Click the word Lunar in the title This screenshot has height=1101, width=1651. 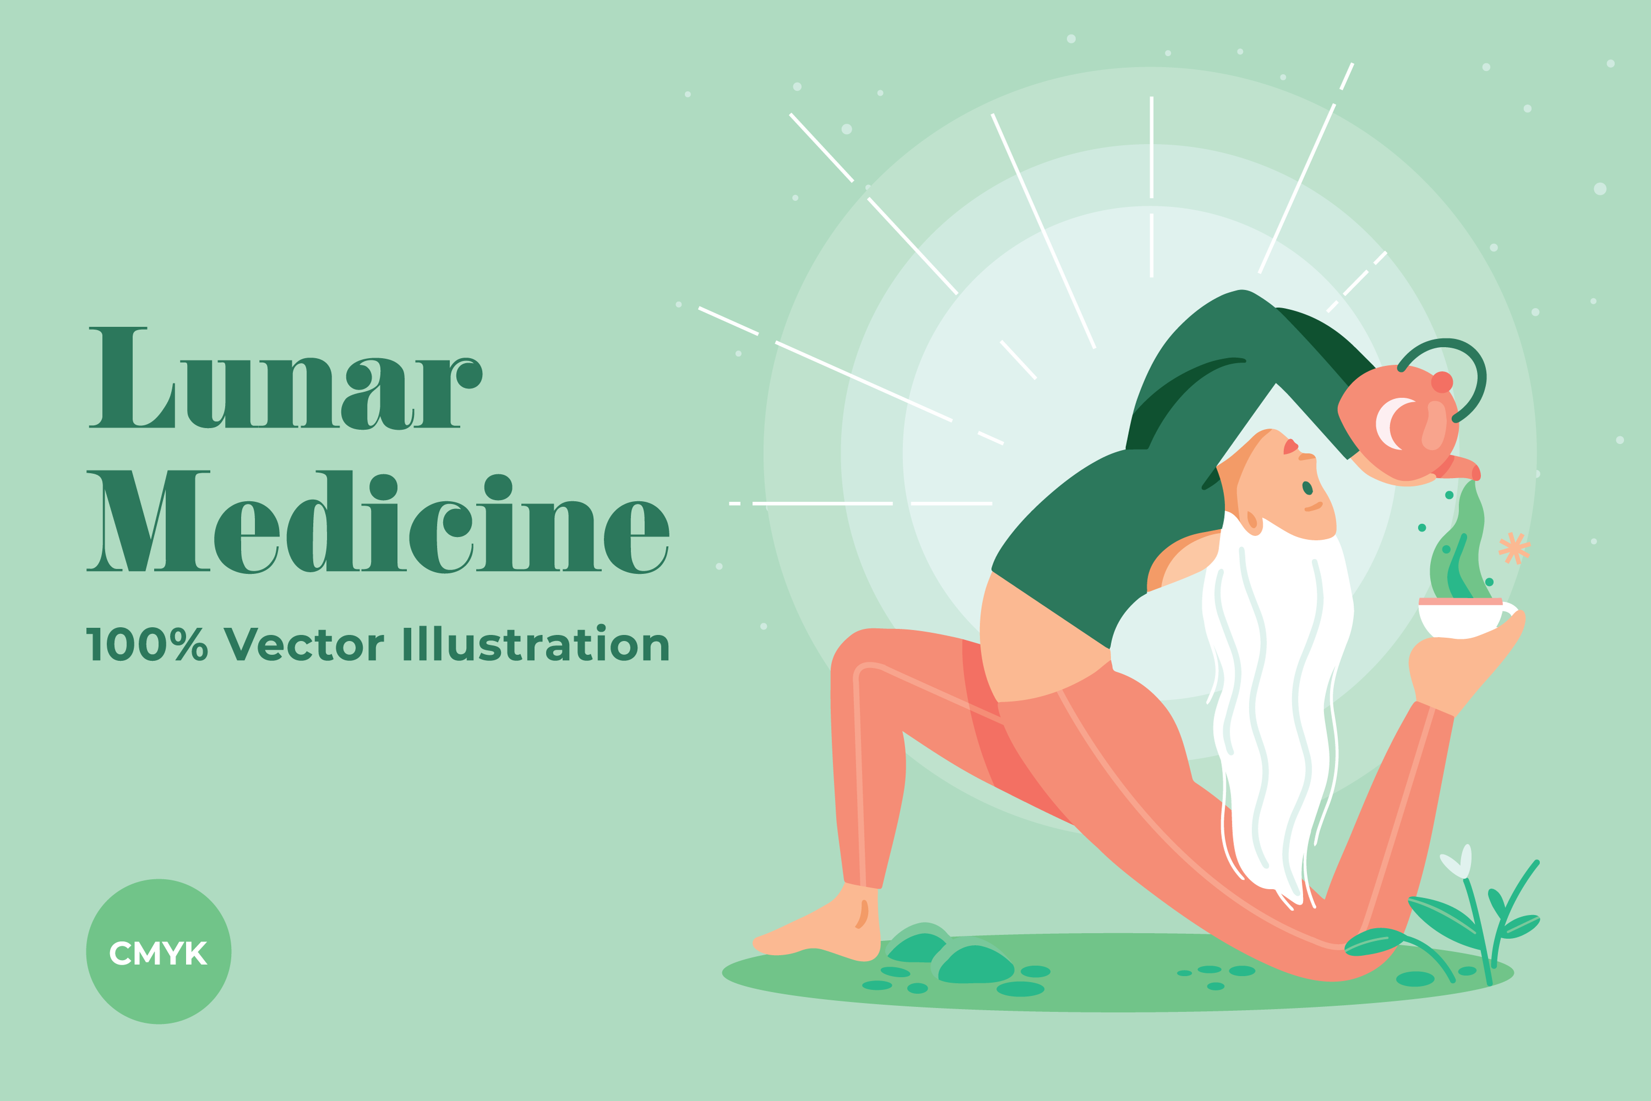point(285,378)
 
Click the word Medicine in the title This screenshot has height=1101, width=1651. point(378,522)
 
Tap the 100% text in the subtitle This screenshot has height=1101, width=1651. point(147,644)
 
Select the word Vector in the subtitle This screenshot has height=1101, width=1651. point(303,644)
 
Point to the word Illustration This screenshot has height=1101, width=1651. point(536,643)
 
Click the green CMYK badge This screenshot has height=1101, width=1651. point(158,951)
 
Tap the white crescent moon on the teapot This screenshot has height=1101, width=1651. point(1391,424)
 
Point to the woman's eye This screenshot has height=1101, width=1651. point(1307,488)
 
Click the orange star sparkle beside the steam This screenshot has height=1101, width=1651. point(1515,547)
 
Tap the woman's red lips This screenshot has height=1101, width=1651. point(1290,447)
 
